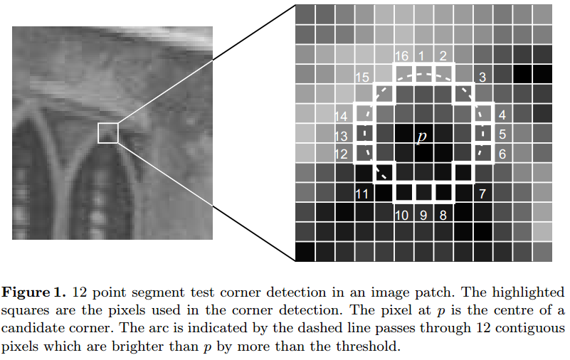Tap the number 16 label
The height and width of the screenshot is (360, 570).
click(401, 56)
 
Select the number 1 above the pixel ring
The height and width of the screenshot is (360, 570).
click(421, 56)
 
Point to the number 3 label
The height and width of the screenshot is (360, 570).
click(482, 78)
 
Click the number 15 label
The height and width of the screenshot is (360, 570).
click(361, 77)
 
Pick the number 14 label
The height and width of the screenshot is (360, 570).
click(342, 116)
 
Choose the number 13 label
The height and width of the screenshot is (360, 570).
click(342, 135)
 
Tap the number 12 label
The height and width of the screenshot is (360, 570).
click(342, 154)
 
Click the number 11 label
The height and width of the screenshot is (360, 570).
click(361, 194)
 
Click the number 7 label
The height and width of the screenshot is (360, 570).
click(482, 194)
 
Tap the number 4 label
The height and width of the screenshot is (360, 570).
click(502, 115)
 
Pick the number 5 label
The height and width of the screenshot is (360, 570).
click(502, 134)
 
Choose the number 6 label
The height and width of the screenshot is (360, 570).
click(502, 154)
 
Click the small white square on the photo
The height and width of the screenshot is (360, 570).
click(107, 132)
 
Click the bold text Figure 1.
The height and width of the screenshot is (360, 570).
click(34, 293)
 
